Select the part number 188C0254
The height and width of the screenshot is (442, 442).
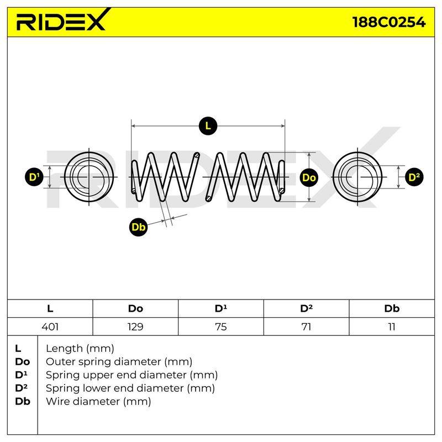coord(389,22)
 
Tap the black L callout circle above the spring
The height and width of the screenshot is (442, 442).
coord(208,126)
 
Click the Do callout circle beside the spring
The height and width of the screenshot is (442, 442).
coord(309,177)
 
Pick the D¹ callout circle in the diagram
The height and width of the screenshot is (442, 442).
coord(34,177)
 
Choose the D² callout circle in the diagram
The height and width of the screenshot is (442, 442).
coord(414,177)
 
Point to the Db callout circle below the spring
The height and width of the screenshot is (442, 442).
coord(139,227)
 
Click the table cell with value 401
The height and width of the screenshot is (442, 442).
coord(50,327)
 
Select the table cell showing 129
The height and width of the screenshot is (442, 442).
coord(135,327)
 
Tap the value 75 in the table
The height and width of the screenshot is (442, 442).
coord(220,327)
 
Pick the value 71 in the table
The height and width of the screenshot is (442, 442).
coord(306,327)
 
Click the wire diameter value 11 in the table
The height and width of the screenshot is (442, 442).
coord(392,327)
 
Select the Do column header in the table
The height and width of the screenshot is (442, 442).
coord(135,308)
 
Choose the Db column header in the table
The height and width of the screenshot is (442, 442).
coord(392,308)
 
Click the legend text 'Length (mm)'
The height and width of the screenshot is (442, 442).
coord(80,349)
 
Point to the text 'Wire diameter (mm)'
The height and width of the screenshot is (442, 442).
coord(98,402)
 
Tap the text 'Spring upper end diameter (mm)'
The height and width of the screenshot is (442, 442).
coord(131,375)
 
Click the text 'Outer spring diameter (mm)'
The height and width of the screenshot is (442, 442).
coord(119,362)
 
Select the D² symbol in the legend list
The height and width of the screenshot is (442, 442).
coord(22,388)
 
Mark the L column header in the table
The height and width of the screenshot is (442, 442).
coord(50,308)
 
